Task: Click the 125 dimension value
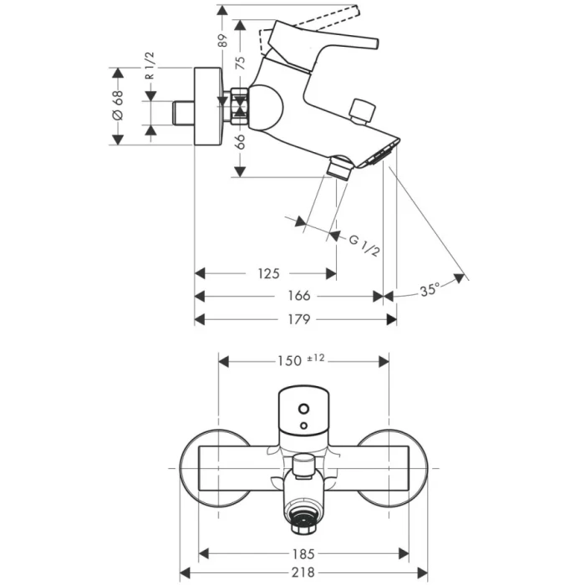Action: point(268,273)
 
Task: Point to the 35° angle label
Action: point(430,291)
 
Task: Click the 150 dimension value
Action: point(289,360)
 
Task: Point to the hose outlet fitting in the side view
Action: point(338,166)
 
